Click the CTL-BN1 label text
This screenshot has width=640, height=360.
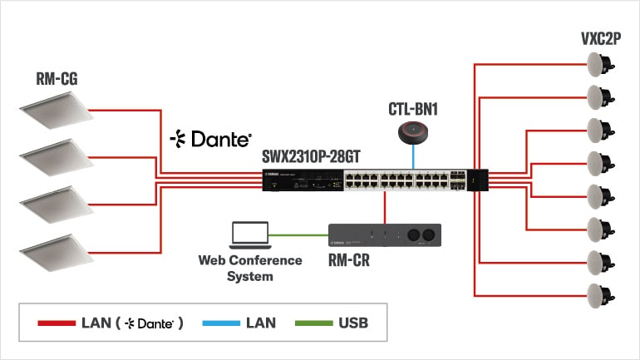pos(412,109)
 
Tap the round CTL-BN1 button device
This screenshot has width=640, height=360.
pos(412,132)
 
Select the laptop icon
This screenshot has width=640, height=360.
pos(249,235)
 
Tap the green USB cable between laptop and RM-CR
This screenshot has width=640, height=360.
pos(299,234)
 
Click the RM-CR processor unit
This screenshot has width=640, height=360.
pos(385,235)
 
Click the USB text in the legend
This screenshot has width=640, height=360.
pos(352,323)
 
